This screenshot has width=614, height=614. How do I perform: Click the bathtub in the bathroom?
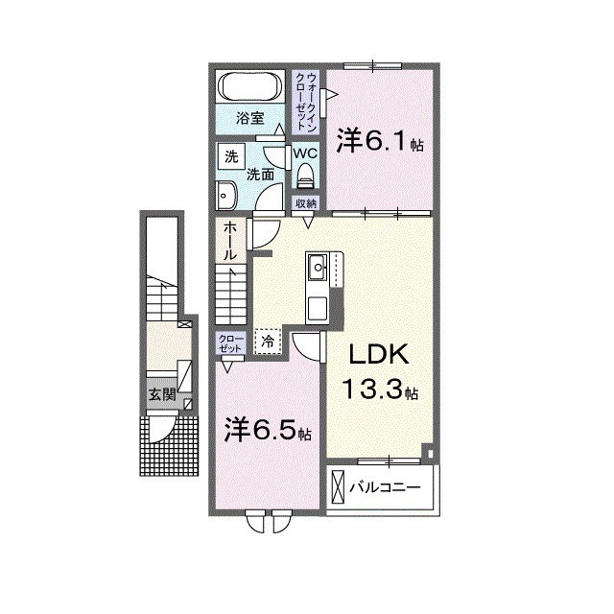[x=252, y=86]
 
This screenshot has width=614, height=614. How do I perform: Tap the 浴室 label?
[x=252, y=121]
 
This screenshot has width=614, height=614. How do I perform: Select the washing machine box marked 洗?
[x=230, y=156]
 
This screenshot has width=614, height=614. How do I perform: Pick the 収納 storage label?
[x=306, y=203]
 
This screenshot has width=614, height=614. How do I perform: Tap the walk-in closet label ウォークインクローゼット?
[x=306, y=102]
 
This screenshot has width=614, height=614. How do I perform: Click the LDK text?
[x=379, y=357]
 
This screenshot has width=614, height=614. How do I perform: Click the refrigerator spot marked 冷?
[x=269, y=341]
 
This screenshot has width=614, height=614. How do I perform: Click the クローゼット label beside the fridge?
[x=231, y=344]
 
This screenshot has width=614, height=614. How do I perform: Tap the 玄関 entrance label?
[x=160, y=394]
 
